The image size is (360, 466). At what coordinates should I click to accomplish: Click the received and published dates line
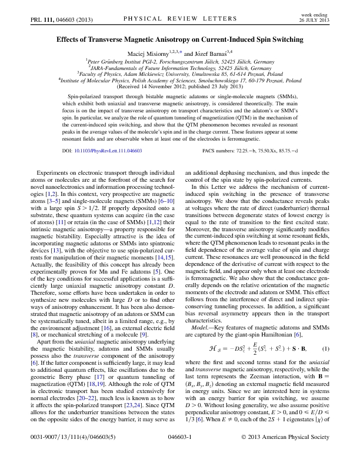coord(180,89)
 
